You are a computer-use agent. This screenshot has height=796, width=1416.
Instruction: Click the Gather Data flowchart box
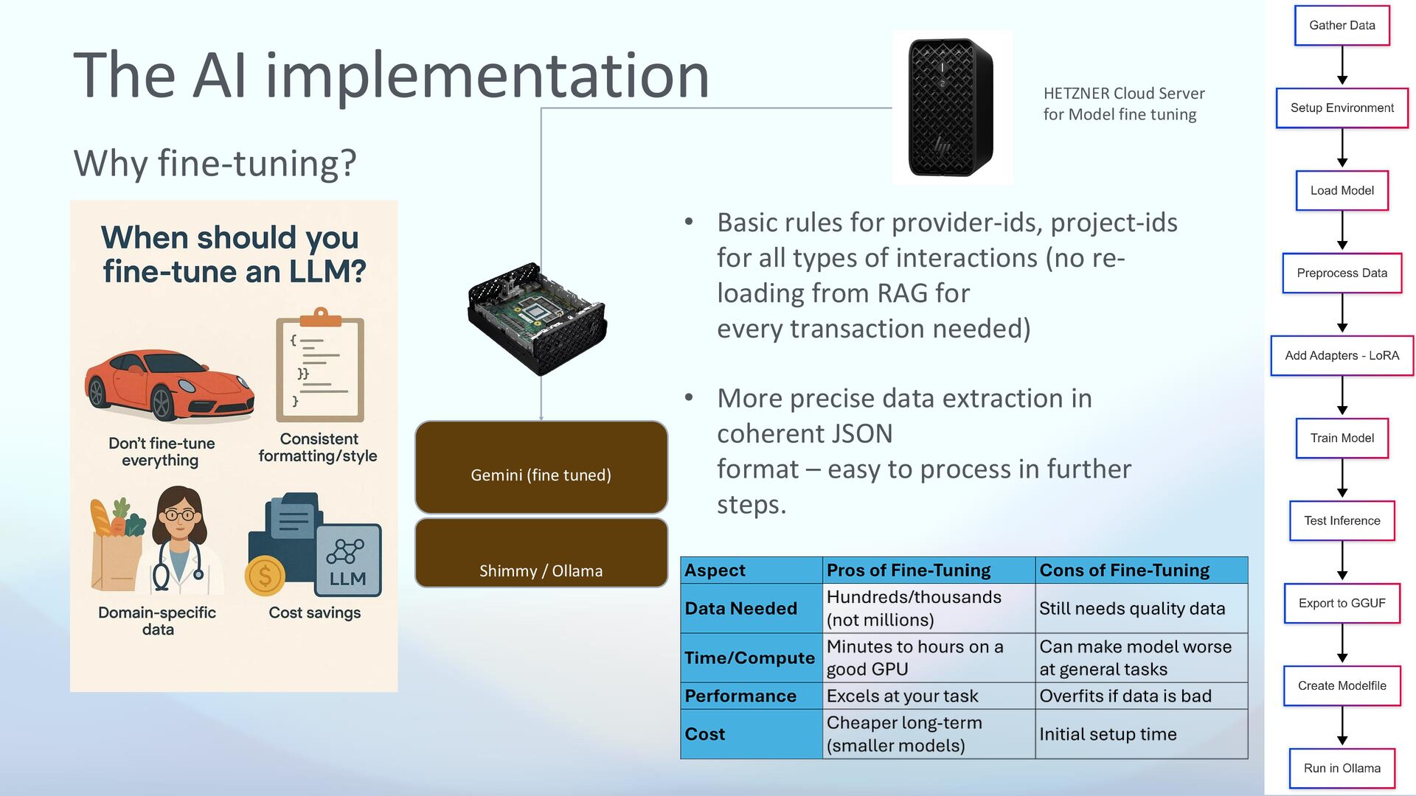point(1342,26)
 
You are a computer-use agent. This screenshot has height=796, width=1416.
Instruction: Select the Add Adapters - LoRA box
point(1342,356)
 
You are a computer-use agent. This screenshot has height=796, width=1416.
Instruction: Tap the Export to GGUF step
point(1342,604)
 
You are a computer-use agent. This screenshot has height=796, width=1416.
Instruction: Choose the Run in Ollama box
point(1342,769)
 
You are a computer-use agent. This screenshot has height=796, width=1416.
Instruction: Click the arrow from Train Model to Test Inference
point(1342,479)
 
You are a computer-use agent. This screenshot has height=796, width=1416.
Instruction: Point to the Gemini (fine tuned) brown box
point(541,467)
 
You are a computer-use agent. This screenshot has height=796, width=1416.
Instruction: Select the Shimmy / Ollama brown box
point(541,553)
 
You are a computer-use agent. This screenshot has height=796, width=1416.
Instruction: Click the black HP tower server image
point(951,108)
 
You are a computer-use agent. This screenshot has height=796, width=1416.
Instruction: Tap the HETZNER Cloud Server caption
point(1123,104)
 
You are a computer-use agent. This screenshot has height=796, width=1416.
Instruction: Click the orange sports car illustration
point(170,384)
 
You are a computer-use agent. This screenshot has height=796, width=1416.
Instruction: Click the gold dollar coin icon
point(265,576)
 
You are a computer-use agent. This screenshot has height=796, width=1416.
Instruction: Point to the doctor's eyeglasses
point(179,514)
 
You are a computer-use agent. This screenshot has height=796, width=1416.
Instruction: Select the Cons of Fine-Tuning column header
point(1124,570)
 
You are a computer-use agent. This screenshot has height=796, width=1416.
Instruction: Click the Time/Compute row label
point(749,658)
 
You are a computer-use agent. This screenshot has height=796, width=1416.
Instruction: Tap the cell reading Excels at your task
point(902,696)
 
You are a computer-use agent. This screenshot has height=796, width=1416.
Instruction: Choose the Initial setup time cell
point(1108,734)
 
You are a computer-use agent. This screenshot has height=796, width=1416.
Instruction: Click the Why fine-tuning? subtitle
point(215,163)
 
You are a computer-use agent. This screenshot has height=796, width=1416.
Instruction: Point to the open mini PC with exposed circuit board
point(537,318)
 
